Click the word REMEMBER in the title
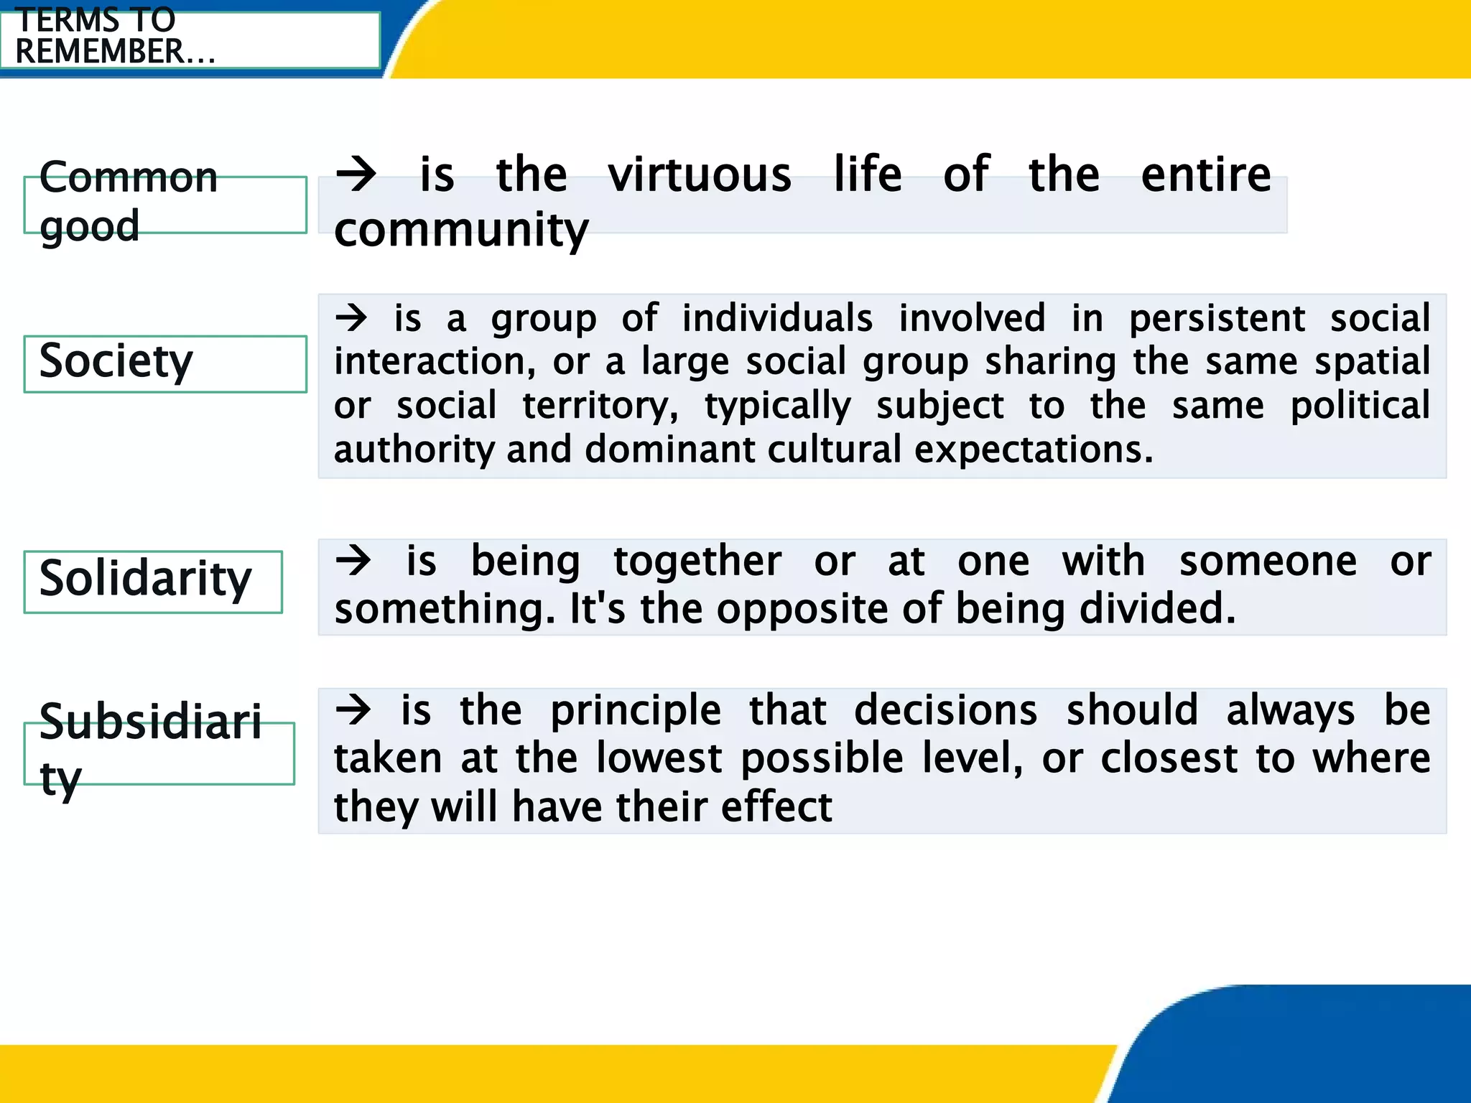click(x=100, y=52)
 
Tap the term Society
click(x=116, y=361)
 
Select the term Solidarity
click(x=145, y=579)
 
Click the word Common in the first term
click(x=128, y=177)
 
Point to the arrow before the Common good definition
click(x=356, y=174)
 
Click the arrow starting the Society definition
click(x=351, y=317)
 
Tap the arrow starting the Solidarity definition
click(x=353, y=561)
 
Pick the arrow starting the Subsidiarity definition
click(x=353, y=710)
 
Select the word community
click(x=461, y=230)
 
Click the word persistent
click(x=1217, y=318)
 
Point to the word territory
click(x=600, y=406)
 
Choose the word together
click(x=697, y=561)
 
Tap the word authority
click(x=414, y=450)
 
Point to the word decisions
click(x=945, y=710)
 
